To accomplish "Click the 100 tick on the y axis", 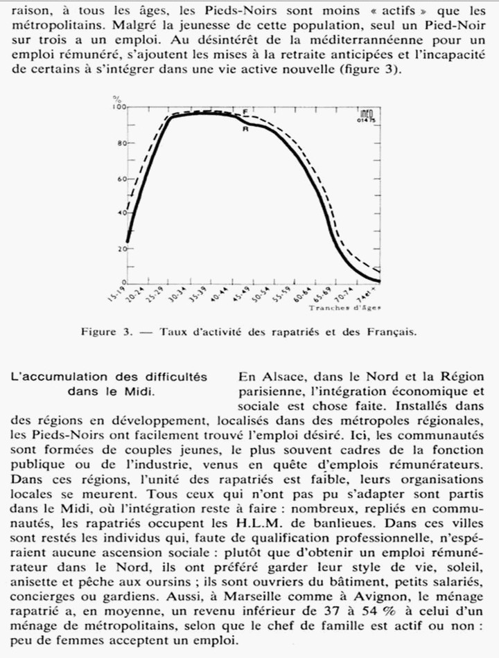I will coord(119,108).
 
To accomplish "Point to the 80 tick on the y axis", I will coord(121,143).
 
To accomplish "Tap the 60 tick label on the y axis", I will coord(121,179).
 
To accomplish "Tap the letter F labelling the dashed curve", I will coord(245,112).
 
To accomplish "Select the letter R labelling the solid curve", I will coord(245,129).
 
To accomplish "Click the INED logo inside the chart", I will coord(368,114).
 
